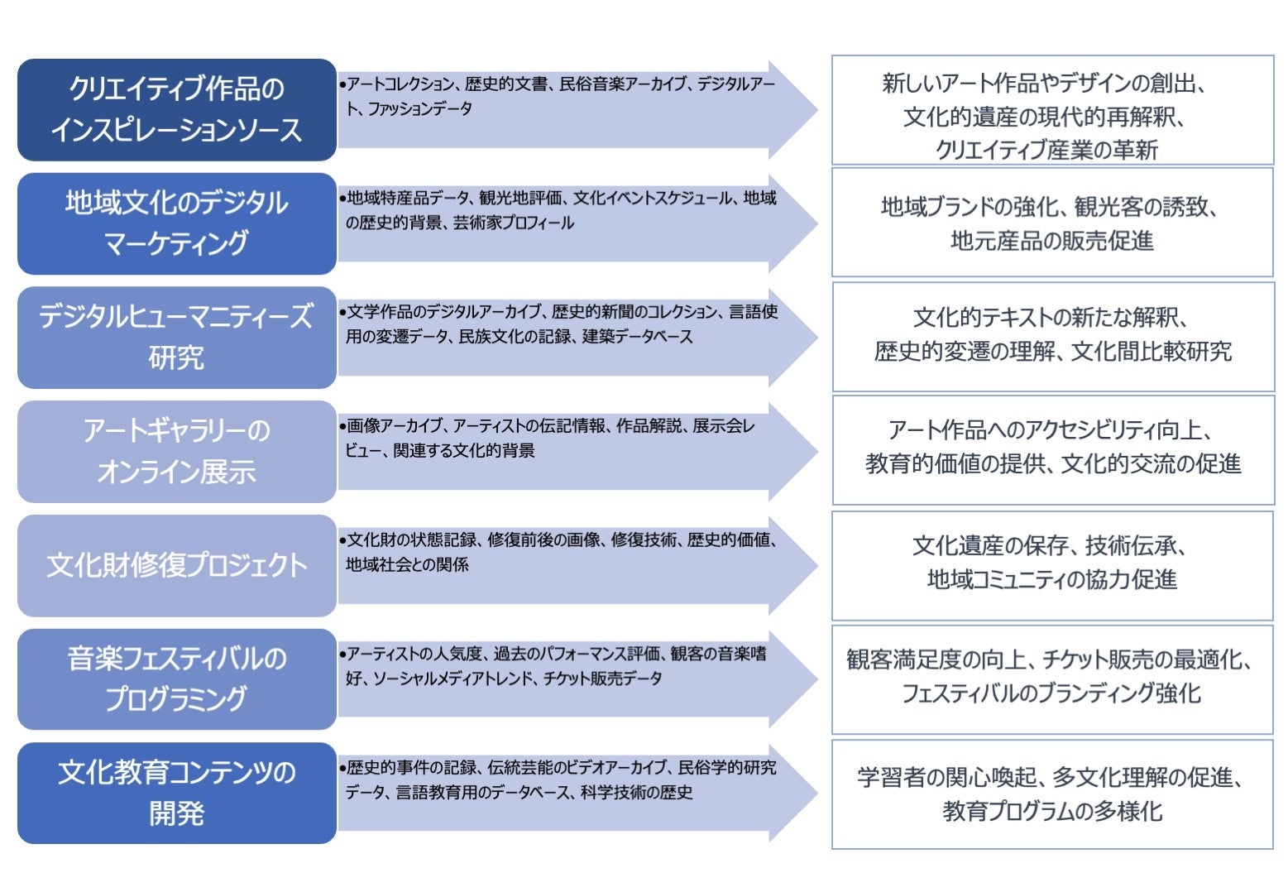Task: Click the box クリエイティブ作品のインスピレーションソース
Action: point(176,109)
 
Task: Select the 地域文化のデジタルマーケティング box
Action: point(176,223)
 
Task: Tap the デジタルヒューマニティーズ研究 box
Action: point(176,337)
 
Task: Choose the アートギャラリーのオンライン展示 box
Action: point(176,451)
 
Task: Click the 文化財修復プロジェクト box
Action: point(176,565)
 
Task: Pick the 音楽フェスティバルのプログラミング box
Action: point(176,679)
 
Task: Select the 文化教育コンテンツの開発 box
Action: point(176,793)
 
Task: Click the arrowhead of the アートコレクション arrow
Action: point(794,109)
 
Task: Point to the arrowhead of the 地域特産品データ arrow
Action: point(794,223)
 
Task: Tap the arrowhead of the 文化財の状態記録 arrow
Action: point(794,565)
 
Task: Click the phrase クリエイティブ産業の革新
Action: point(1046,150)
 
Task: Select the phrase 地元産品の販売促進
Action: point(1051,241)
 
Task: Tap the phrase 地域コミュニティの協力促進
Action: point(1051,579)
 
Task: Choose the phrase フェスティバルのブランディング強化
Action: point(1051,693)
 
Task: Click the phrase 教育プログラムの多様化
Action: point(1051,811)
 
